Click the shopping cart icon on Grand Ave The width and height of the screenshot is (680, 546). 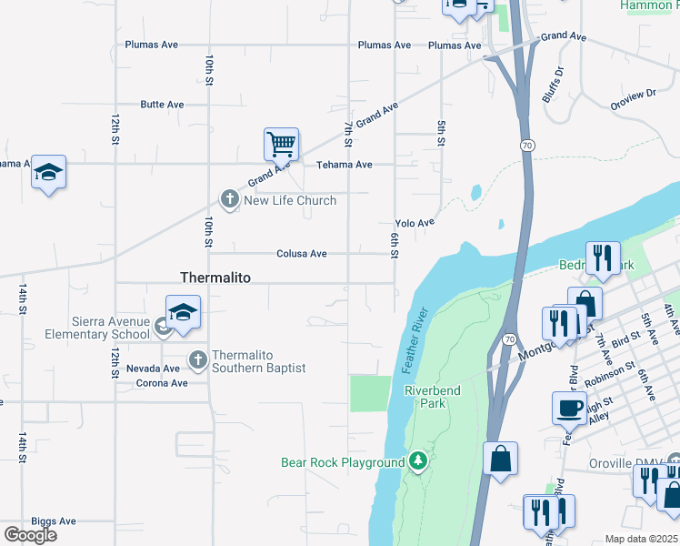click(282, 143)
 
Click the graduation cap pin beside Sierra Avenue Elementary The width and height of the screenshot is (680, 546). click(183, 313)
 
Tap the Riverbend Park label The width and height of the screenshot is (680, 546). click(433, 397)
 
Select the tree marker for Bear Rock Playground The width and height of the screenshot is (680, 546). click(417, 462)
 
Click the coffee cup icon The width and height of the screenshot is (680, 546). click(569, 409)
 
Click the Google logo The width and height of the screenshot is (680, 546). click(30, 535)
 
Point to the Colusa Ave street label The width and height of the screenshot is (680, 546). click(302, 254)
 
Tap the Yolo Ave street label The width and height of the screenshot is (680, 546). click(415, 223)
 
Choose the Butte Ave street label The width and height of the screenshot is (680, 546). click(162, 105)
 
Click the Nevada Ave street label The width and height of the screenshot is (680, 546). click(153, 369)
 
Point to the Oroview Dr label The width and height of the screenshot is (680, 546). click(633, 98)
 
